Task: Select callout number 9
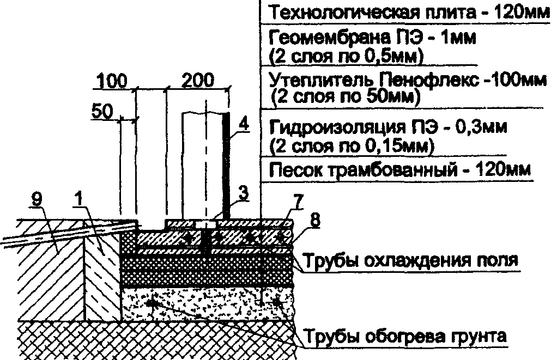[x=37, y=199]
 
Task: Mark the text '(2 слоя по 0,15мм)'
[x=352, y=146]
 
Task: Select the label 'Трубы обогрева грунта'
[x=405, y=335]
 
